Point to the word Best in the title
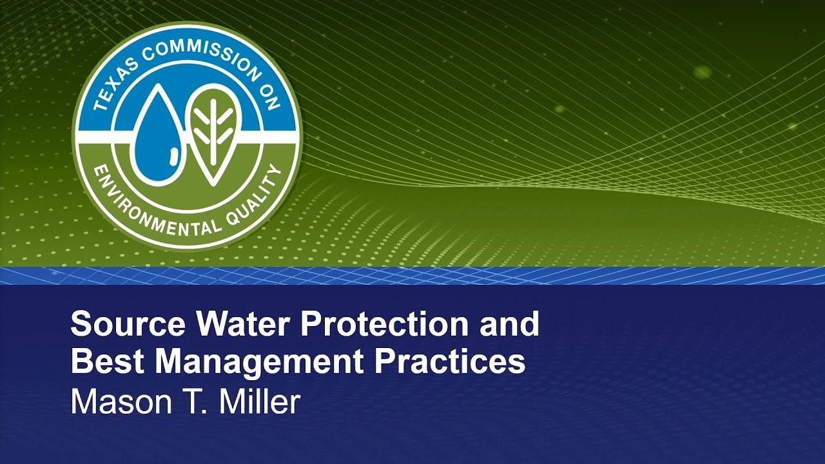[x=106, y=362]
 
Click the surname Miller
[x=260, y=401]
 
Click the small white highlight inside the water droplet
[x=172, y=155]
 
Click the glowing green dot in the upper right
[x=703, y=72]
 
